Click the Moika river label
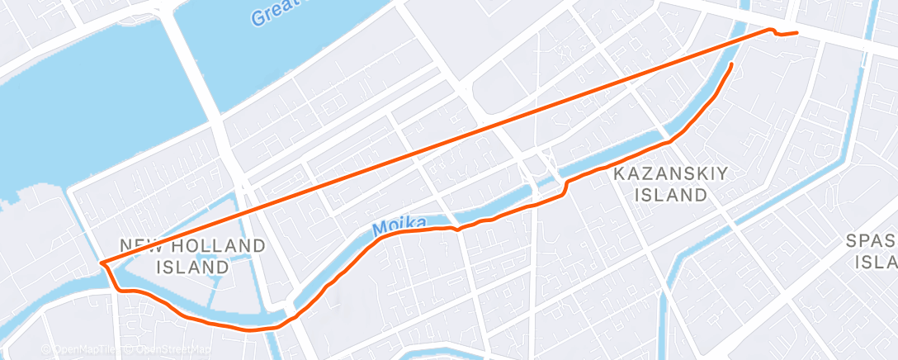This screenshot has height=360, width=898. point(399,225)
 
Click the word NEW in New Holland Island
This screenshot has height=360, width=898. point(138,246)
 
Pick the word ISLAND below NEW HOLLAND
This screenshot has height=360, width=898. point(192,267)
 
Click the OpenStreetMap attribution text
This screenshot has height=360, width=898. point(153,350)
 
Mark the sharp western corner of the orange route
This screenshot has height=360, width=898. point(102,263)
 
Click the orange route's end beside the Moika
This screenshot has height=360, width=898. point(732,64)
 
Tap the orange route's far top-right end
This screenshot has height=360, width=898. point(796,32)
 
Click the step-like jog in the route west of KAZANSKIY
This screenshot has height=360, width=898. point(565,187)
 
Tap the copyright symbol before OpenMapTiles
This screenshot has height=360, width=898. point(46,350)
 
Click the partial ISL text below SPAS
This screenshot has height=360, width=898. point(876,263)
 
